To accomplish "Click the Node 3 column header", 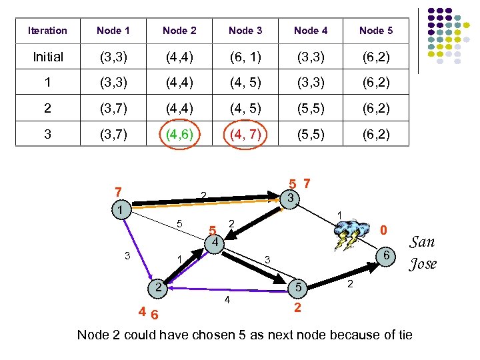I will point(245,31).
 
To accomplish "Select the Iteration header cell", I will point(47,31).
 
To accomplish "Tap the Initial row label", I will point(48,57).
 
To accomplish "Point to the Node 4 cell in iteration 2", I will point(311,109).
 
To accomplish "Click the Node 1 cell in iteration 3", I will point(113,135).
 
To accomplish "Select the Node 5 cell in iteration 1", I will point(376,83).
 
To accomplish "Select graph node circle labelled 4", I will point(214,243).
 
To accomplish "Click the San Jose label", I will point(423,253).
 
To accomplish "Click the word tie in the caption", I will point(403,335).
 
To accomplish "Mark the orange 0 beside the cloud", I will point(383,230).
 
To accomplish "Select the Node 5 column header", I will point(376,31).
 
